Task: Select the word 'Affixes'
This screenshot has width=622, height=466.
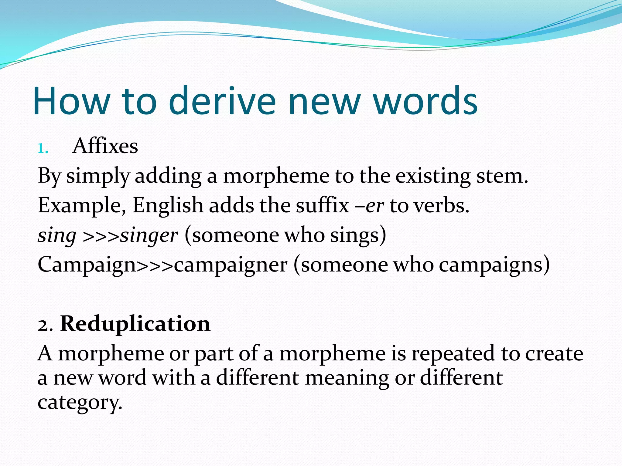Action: (105, 146)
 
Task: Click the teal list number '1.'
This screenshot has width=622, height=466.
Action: (43, 149)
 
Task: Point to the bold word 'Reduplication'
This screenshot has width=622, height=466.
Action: (135, 324)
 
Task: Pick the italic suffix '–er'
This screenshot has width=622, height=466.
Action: (369, 206)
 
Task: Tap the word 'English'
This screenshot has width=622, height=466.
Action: (168, 206)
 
